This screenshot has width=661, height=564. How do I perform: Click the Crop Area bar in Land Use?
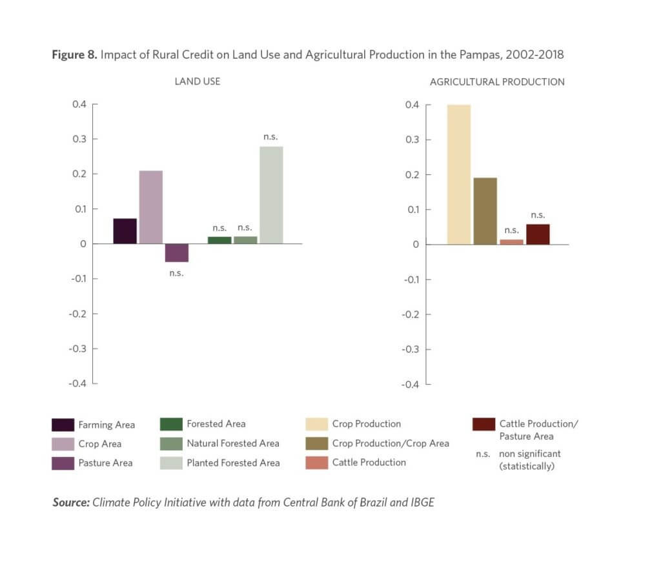151,207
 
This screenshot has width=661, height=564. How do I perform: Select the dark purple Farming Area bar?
125,231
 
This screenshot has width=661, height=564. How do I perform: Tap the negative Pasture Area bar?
177,253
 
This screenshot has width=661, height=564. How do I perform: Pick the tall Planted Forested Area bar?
271,195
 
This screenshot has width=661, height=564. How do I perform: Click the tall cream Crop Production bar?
459,174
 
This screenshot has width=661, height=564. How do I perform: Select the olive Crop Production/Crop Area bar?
485,211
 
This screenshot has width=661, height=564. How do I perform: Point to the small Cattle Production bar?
511,242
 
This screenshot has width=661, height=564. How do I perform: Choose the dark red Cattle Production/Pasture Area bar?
538,234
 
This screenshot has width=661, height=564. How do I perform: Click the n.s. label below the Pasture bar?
177,273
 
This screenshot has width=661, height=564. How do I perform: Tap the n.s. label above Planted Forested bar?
270,137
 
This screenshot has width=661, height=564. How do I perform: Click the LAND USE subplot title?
198,82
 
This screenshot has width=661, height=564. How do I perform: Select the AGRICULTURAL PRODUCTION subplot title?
497,82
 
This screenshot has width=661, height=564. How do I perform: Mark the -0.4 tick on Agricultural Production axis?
411,385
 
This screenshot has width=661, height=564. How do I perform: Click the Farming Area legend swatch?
63,425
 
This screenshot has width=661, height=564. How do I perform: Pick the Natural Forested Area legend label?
233,443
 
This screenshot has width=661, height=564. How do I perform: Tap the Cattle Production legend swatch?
316,463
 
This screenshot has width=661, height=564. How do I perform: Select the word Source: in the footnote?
70,502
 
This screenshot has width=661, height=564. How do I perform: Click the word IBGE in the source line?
420,502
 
